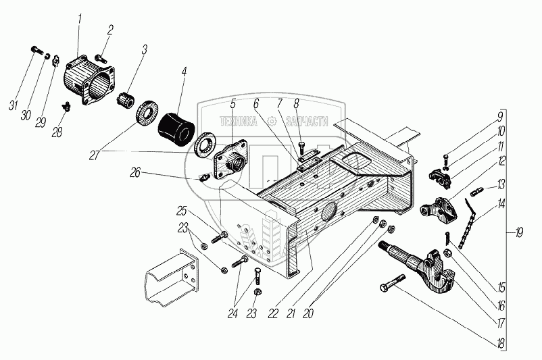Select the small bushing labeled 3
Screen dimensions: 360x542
[x=125, y=101]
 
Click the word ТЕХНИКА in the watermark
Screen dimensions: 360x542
[x=241, y=121]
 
